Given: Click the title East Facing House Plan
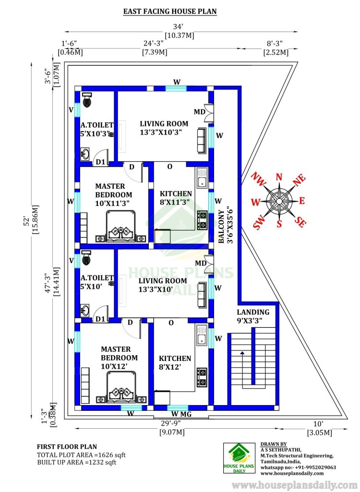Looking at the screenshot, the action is pos(170,12).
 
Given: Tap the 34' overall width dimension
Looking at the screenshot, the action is pos(178,27).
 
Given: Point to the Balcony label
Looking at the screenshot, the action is pos(221,226).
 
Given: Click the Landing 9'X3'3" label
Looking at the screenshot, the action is pos(253,316).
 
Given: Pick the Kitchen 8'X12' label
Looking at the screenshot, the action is pos(175,363).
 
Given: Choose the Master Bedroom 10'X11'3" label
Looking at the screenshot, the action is pos(113,194).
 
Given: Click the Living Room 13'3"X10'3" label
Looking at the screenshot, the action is pos(164,128).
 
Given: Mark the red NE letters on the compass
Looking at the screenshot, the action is pos(299,180).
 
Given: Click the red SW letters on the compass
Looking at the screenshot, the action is pos(259,222).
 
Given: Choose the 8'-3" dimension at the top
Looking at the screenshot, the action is pos(275,43).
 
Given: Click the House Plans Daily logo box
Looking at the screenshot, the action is pos(239,458).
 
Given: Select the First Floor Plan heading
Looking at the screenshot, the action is pos(67,447).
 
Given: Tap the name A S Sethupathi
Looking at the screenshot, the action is pos(281,450).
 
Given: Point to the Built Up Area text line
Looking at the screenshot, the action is pos(77,462).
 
